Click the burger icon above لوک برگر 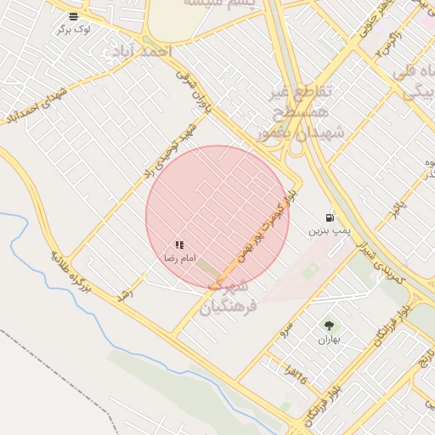tap(74, 16)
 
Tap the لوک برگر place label tap(74, 29)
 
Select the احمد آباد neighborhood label tap(138, 53)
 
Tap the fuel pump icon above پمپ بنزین tap(329, 218)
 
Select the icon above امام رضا tap(179, 245)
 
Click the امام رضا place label tap(179, 257)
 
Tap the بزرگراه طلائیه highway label tap(82, 276)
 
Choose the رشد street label tap(127, 294)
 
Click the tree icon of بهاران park tap(328, 325)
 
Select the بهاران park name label tap(328, 339)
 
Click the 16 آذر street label tap(295, 375)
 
